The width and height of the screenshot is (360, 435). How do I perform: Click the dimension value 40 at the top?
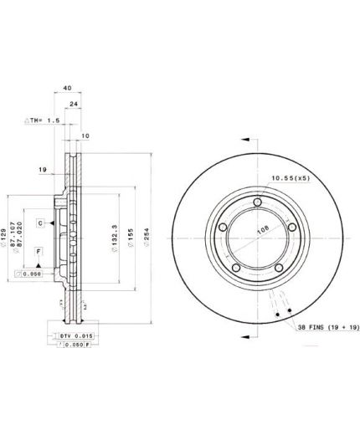tap(68, 86)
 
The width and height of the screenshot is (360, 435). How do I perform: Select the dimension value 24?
tap(74, 105)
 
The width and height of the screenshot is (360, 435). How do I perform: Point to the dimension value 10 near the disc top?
tap(85, 136)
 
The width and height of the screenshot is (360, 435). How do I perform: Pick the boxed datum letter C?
tap(40, 223)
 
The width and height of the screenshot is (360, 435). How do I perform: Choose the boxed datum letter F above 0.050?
tap(38, 251)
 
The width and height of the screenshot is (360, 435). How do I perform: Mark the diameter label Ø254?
tap(148, 238)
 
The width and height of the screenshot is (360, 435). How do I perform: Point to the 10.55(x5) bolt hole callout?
tap(291, 178)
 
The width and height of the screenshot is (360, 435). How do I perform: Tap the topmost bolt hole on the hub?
tap(257, 202)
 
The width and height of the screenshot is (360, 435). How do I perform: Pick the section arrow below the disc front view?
tap(249, 335)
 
